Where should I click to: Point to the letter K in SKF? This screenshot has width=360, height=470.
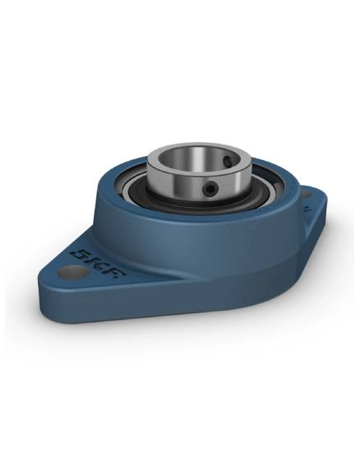point(96,260)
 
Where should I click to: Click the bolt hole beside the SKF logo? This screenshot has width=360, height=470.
point(72,272)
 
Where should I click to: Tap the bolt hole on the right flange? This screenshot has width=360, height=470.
point(306,195)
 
